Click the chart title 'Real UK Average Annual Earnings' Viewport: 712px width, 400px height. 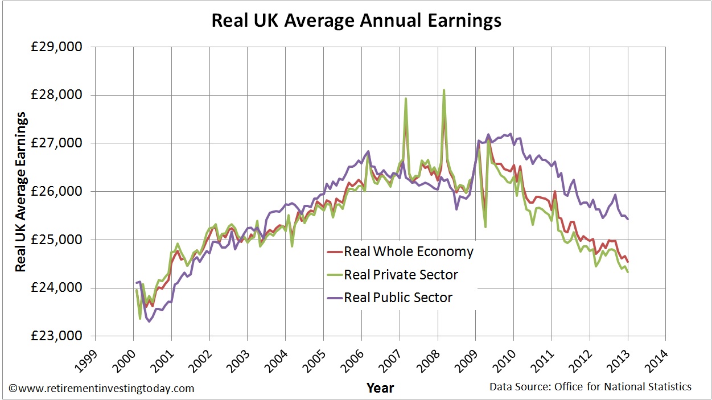(356, 20)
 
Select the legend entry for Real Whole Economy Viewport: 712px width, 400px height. (400, 251)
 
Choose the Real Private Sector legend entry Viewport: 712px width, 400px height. (393, 275)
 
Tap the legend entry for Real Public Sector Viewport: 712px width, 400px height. (390, 298)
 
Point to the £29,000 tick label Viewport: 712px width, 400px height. (56, 47)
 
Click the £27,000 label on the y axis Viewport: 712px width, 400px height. (56, 143)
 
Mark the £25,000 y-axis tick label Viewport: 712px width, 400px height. (56, 240)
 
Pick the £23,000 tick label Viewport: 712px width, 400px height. (56, 336)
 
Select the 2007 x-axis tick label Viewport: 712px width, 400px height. (390, 361)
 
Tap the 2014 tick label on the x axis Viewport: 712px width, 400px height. (657, 361)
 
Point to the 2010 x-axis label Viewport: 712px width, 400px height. (505, 361)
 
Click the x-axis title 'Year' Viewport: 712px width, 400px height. (380, 388)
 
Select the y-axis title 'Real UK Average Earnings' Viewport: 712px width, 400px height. (21, 192)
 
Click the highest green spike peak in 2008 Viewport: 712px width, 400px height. (444, 90)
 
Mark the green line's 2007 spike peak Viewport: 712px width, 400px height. (406, 98)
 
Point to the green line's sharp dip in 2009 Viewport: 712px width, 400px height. (485, 227)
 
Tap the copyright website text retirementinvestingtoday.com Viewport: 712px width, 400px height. (101, 389)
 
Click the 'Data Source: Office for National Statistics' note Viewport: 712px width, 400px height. (591, 387)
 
